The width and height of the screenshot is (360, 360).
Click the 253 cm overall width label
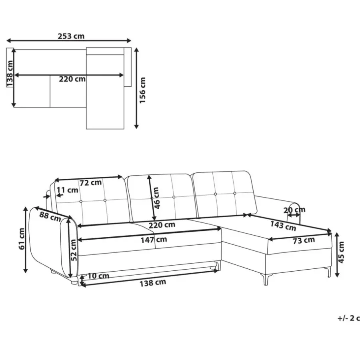(x=71, y=36)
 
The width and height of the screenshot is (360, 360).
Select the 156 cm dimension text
(x=142, y=90)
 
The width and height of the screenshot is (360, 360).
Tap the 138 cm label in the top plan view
(x=10, y=74)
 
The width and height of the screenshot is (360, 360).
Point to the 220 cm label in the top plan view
(x=72, y=79)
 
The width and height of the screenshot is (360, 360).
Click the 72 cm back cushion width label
(x=90, y=183)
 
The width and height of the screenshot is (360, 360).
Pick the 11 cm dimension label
(x=67, y=190)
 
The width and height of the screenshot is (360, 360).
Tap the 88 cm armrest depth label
(x=50, y=216)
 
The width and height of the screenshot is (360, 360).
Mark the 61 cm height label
(x=22, y=239)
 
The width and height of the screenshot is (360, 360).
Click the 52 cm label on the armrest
(x=73, y=250)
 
